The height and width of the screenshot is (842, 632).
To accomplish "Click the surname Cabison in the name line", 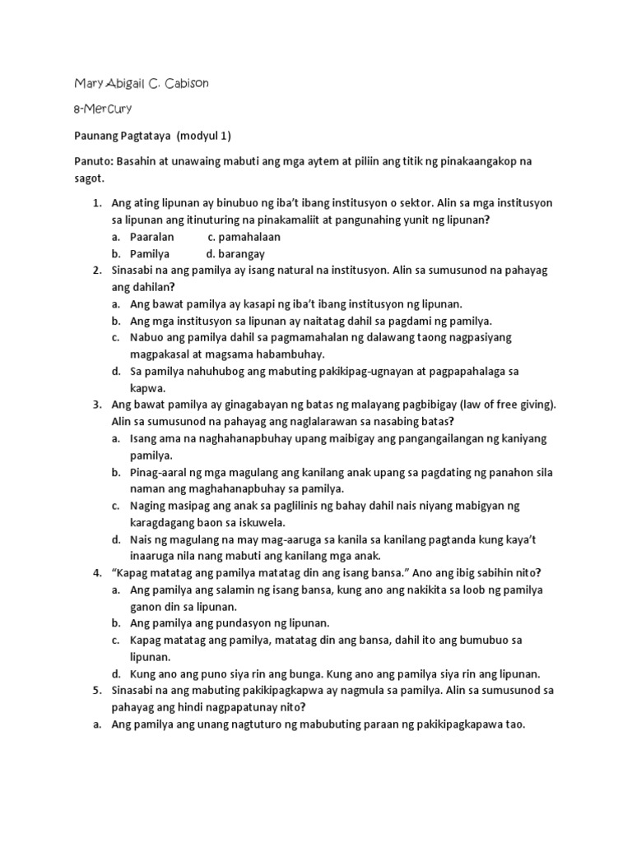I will click(196, 84).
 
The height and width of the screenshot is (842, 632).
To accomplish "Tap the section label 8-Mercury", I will click(102, 109).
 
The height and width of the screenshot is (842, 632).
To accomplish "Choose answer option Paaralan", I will click(152, 237).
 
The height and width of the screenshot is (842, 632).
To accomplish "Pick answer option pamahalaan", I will click(244, 237).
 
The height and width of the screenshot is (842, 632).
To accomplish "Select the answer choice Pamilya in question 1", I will click(150, 254).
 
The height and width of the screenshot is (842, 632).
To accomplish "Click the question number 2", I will click(96, 271).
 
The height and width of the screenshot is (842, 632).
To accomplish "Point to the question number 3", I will click(96, 405).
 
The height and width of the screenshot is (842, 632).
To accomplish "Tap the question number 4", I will click(96, 572).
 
